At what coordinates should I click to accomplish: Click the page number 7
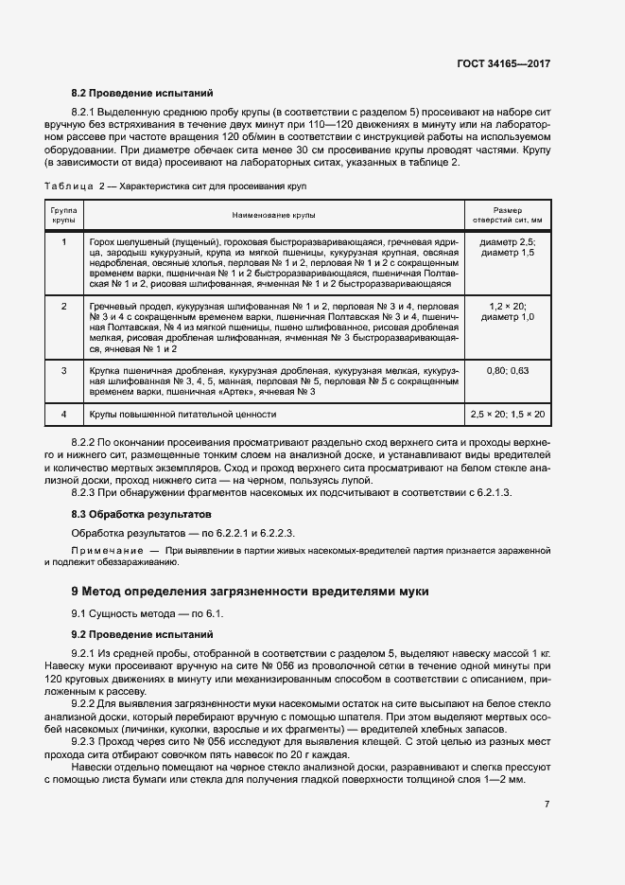(x=547, y=804)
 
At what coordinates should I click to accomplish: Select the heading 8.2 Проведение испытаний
(x=143, y=94)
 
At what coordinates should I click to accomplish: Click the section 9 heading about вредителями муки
(x=250, y=592)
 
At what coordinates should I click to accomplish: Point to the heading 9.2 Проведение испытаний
(x=143, y=633)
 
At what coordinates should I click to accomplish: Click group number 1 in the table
(x=63, y=242)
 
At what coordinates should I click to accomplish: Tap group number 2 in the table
(x=63, y=308)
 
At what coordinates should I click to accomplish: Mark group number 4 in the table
(x=63, y=415)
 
